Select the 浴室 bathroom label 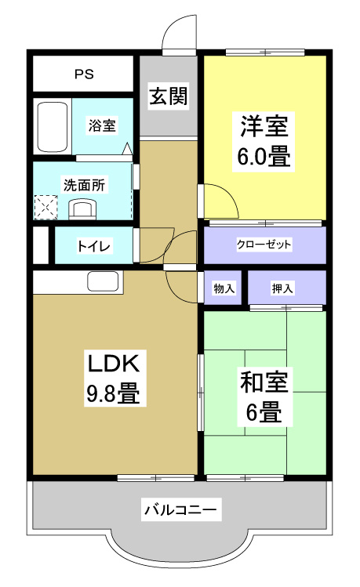[102, 125]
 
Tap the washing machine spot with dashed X [45, 208]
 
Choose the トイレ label [93, 246]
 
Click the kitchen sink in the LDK [103, 281]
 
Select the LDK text [113, 364]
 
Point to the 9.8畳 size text [113, 392]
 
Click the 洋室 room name [264, 125]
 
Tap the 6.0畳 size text [264, 156]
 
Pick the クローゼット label [264, 245]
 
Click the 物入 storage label [224, 288]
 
